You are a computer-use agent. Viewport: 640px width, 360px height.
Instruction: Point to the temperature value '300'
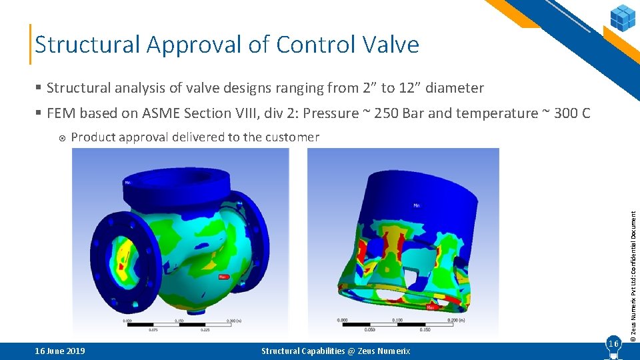click(x=565, y=113)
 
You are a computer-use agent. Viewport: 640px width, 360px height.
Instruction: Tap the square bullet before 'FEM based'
click(x=39, y=113)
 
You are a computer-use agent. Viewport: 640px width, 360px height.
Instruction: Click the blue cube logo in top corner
click(x=623, y=17)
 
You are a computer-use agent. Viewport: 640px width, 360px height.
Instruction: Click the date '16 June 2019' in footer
click(x=60, y=351)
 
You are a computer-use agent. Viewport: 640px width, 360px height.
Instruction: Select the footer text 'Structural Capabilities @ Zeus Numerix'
click(x=335, y=351)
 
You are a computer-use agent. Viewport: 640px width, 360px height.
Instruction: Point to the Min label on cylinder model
click(x=417, y=205)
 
